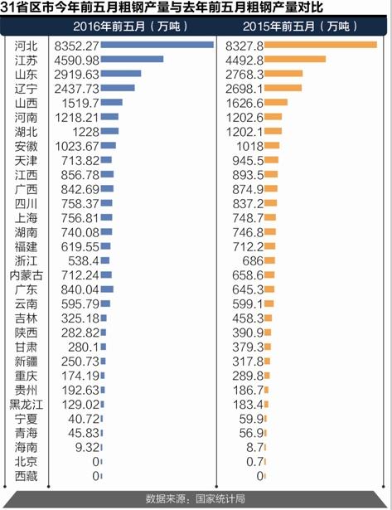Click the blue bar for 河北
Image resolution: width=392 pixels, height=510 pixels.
pos(157,45)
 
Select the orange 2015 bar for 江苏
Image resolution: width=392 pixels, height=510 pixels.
pos(295,59)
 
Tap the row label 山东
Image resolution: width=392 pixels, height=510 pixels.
pos(26,75)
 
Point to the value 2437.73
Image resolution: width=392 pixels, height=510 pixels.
pos(76,89)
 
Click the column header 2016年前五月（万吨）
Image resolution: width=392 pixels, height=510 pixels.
pos(130,27)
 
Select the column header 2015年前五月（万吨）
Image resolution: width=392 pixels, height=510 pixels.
pos(300,27)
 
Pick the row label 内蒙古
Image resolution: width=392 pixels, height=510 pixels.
pos(26,275)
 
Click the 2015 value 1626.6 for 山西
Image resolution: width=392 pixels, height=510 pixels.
pos(244,103)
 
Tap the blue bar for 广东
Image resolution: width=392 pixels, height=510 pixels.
pos(107,289)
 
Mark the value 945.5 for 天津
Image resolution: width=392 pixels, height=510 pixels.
pos(248,161)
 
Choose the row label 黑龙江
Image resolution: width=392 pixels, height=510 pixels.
pos(26,405)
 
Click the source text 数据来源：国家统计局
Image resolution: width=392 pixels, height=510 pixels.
pos(195,499)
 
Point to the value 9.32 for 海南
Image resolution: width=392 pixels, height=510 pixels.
pos(87,448)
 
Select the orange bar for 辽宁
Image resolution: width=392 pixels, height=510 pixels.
pos(283,88)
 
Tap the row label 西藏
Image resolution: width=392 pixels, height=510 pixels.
pos(26,476)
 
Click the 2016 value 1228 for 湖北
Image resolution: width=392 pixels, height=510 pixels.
pos(85,132)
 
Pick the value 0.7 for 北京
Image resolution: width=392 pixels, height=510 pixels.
pos(254,462)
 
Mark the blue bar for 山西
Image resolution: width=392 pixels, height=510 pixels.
pos(112,102)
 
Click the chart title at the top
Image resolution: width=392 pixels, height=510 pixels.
pos(162,7)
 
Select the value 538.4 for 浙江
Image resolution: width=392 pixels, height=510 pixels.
pos(84,261)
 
